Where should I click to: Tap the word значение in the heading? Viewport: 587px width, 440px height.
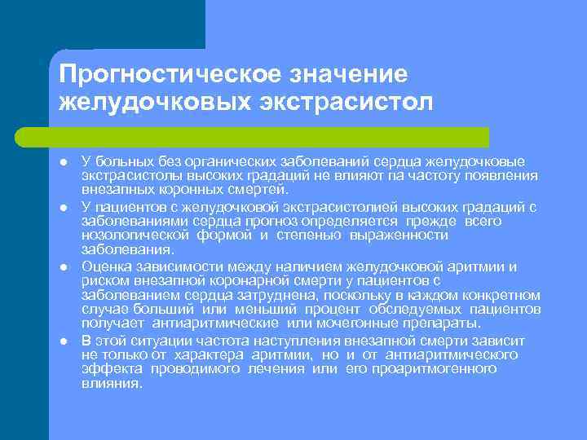(346, 74)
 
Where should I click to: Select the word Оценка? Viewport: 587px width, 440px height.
(105, 266)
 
